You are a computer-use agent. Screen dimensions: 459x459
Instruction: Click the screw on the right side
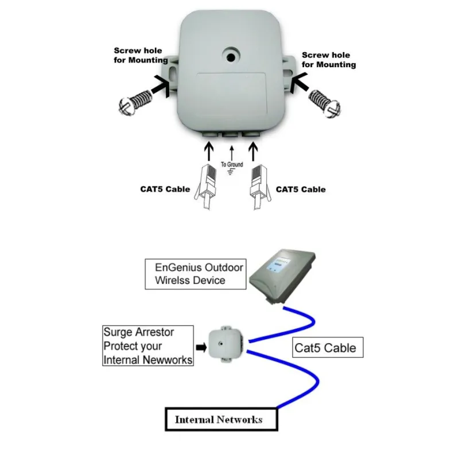point(325,103)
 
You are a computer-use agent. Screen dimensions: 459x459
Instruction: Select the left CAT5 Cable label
point(165,189)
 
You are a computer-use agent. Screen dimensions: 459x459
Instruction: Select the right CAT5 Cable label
point(301,189)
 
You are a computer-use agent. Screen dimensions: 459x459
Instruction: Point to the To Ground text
point(232,165)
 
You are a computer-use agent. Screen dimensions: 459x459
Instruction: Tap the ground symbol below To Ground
point(232,172)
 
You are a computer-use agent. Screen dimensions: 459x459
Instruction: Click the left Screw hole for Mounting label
point(141,55)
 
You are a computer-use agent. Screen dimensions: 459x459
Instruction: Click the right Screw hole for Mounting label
point(329,60)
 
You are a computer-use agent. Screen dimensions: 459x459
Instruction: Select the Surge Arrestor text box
point(146,347)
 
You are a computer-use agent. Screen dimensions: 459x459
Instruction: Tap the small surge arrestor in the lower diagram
point(222,345)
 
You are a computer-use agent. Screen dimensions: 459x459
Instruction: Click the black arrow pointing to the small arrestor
point(201,347)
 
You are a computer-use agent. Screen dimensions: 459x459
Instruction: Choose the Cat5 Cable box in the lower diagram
point(325,347)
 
